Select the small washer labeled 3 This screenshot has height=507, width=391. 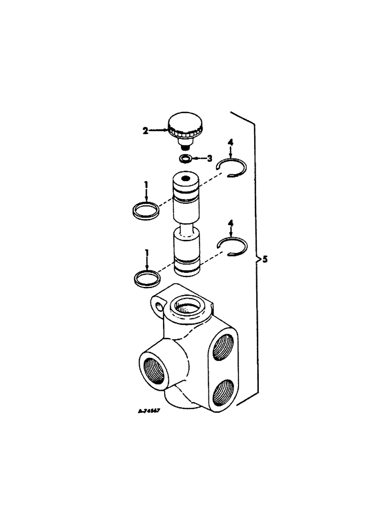tap(186, 159)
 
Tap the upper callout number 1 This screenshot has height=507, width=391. tap(146, 186)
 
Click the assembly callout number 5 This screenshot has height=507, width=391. tap(265, 260)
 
